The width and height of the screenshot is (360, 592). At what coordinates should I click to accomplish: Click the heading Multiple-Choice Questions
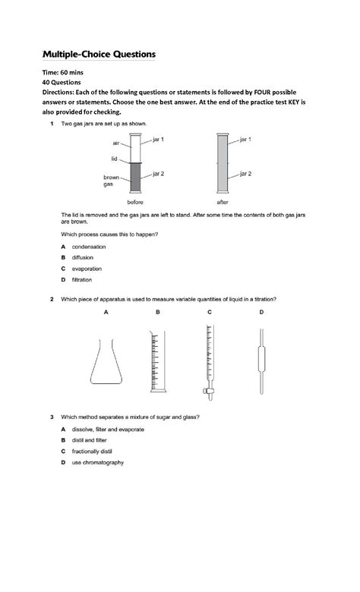coord(99,55)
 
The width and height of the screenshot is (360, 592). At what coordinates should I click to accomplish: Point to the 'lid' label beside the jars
coord(114,159)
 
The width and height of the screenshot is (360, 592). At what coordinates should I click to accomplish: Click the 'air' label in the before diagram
coord(115,143)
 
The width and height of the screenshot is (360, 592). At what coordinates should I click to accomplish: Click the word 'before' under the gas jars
coord(135,203)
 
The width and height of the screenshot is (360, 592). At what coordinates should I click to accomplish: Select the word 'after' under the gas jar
coord(223,203)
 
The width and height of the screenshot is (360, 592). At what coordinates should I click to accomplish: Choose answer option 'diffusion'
coord(83,258)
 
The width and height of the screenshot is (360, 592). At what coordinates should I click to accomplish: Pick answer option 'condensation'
coord(88,247)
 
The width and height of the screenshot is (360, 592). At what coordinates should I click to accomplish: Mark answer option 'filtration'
coord(82,280)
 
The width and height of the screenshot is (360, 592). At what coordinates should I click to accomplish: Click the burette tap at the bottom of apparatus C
coord(207,391)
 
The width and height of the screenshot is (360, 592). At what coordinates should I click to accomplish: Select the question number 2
coord(52,299)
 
